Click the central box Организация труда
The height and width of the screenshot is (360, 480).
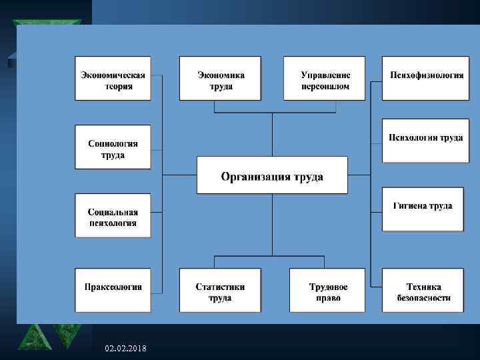(272, 175)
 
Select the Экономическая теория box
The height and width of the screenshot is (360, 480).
(113, 79)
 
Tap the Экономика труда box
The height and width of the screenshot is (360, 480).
(217, 79)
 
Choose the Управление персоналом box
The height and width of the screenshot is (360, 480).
(325, 79)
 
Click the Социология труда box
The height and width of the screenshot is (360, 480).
(113, 147)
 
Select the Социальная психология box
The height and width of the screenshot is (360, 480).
(113, 215)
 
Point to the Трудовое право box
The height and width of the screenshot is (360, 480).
(327, 290)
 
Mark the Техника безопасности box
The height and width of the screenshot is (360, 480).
(423, 290)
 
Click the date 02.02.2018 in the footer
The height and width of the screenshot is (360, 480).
(127, 349)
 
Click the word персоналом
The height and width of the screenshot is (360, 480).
(325, 87)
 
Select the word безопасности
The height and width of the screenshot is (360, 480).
(423, 298)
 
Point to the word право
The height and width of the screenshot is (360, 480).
(328, 298)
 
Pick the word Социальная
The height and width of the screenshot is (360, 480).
(113, 212)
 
